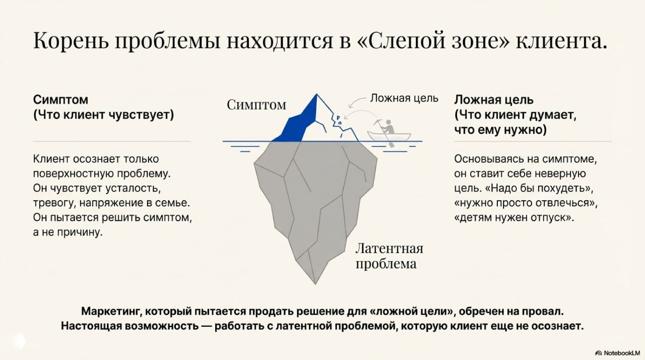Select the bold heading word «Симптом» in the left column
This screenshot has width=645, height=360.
click(x=60, y=99)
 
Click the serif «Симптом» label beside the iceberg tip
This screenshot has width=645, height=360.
click(x=256, y=105)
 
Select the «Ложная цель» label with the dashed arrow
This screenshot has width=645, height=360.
click(x=404, y=98)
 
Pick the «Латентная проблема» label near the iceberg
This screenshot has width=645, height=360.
click(x=389, y=256)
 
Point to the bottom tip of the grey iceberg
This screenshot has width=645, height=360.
click(x=315, y=282)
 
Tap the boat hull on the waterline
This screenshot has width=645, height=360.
click(x=389, y=138)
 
